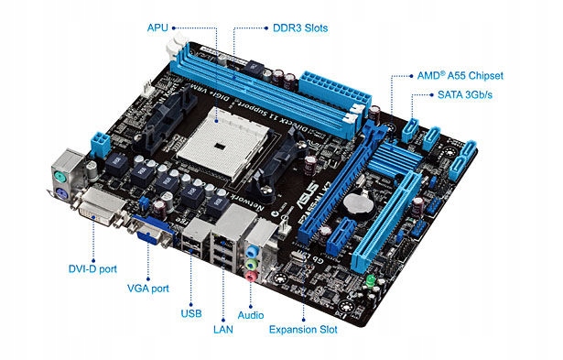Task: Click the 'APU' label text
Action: click(x=158, y=27)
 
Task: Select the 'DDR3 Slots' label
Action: click(x=298, y=28)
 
